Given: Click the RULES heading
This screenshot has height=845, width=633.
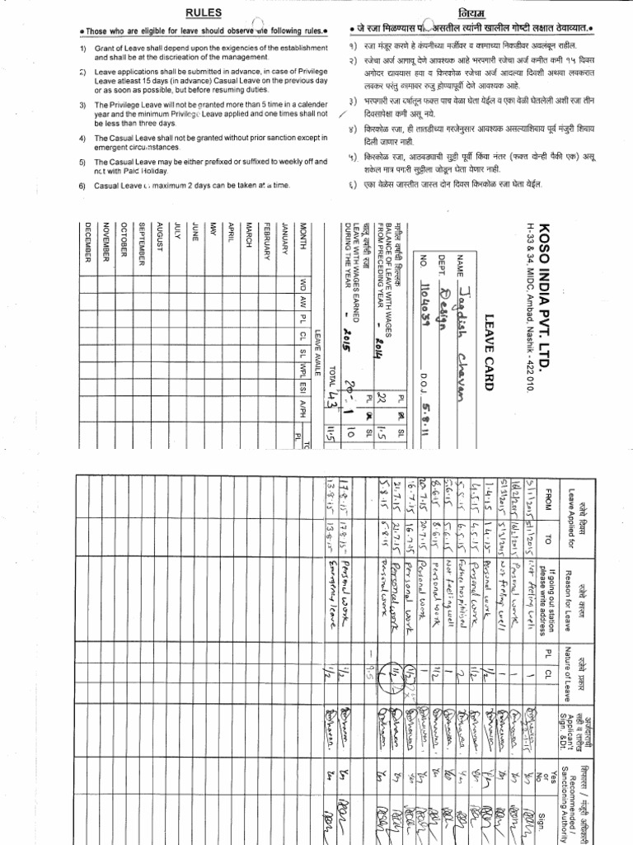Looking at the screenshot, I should point(202,12).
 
